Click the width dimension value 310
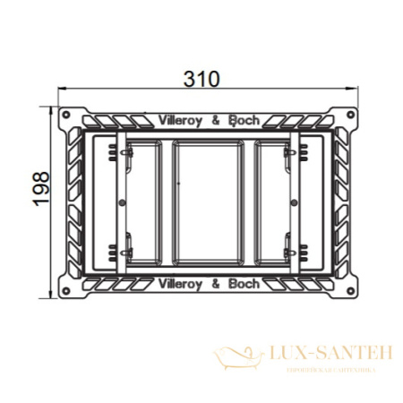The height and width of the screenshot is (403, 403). point(202,79)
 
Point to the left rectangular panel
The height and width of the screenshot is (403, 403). point(142,201)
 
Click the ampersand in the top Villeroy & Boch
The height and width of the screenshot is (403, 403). point(217,117)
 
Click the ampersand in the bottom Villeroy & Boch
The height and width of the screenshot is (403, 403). point(217,284)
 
